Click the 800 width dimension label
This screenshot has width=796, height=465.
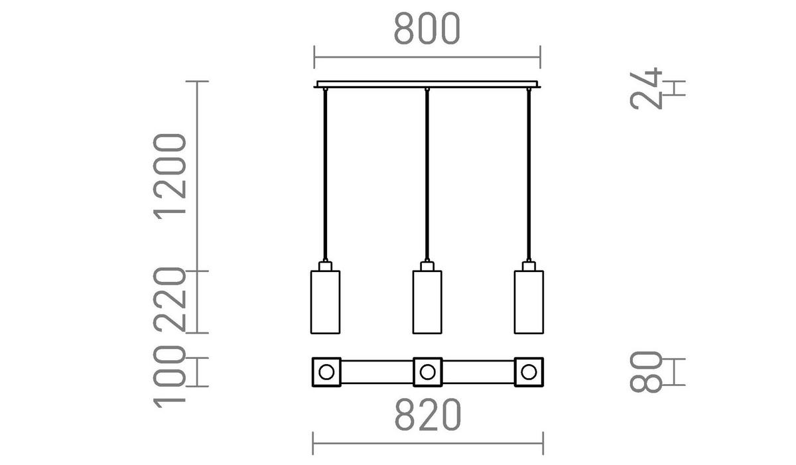tap(427, 29)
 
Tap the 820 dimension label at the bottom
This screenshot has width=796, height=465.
tap(428, 416)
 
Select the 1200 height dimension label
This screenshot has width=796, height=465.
tap(169, 175)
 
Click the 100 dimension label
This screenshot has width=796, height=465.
tap(169, 376)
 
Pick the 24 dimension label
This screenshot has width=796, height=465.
tap(647, 88)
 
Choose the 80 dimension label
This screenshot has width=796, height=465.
tap(647, 371)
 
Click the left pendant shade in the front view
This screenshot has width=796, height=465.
tap(325, 302)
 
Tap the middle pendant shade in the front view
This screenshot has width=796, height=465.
tap(427, 302)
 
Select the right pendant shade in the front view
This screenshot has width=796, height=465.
tap(529, 302)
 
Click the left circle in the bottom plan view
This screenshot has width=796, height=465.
tap(326, 371)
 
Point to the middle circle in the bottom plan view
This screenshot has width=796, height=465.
tap(427, 371)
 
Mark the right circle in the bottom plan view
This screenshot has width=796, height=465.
tap(529, 371)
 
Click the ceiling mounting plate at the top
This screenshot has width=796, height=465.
tap(428, 84)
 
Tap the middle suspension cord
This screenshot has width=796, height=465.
tap(427, 172)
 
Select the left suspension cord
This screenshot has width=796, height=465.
tap(325, 172)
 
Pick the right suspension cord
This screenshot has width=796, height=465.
tap(529, 172)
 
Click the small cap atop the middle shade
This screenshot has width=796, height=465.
tap(427, 266)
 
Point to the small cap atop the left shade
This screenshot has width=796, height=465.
tap(325, 266)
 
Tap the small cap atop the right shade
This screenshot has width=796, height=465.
tap(529, 266)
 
